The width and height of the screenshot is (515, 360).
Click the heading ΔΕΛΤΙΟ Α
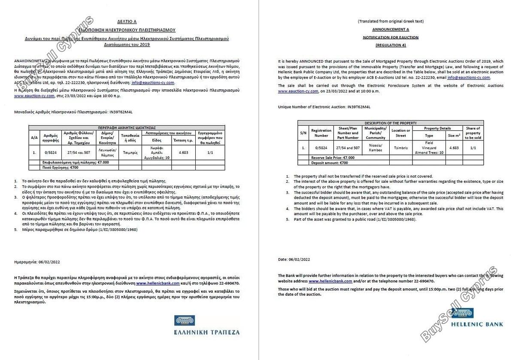coord(127,21)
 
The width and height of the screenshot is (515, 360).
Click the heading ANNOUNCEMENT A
coord(390,29)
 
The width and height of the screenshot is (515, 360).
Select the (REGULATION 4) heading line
coord(390,45)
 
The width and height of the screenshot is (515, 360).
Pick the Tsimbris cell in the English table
coord(400,148)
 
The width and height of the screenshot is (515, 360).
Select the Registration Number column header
coord(321,133)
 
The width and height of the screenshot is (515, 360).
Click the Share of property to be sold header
coord(473,133)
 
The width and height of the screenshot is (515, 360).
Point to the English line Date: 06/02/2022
coord(294,259)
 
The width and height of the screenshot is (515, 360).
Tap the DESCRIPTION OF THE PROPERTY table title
coord(390,123)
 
